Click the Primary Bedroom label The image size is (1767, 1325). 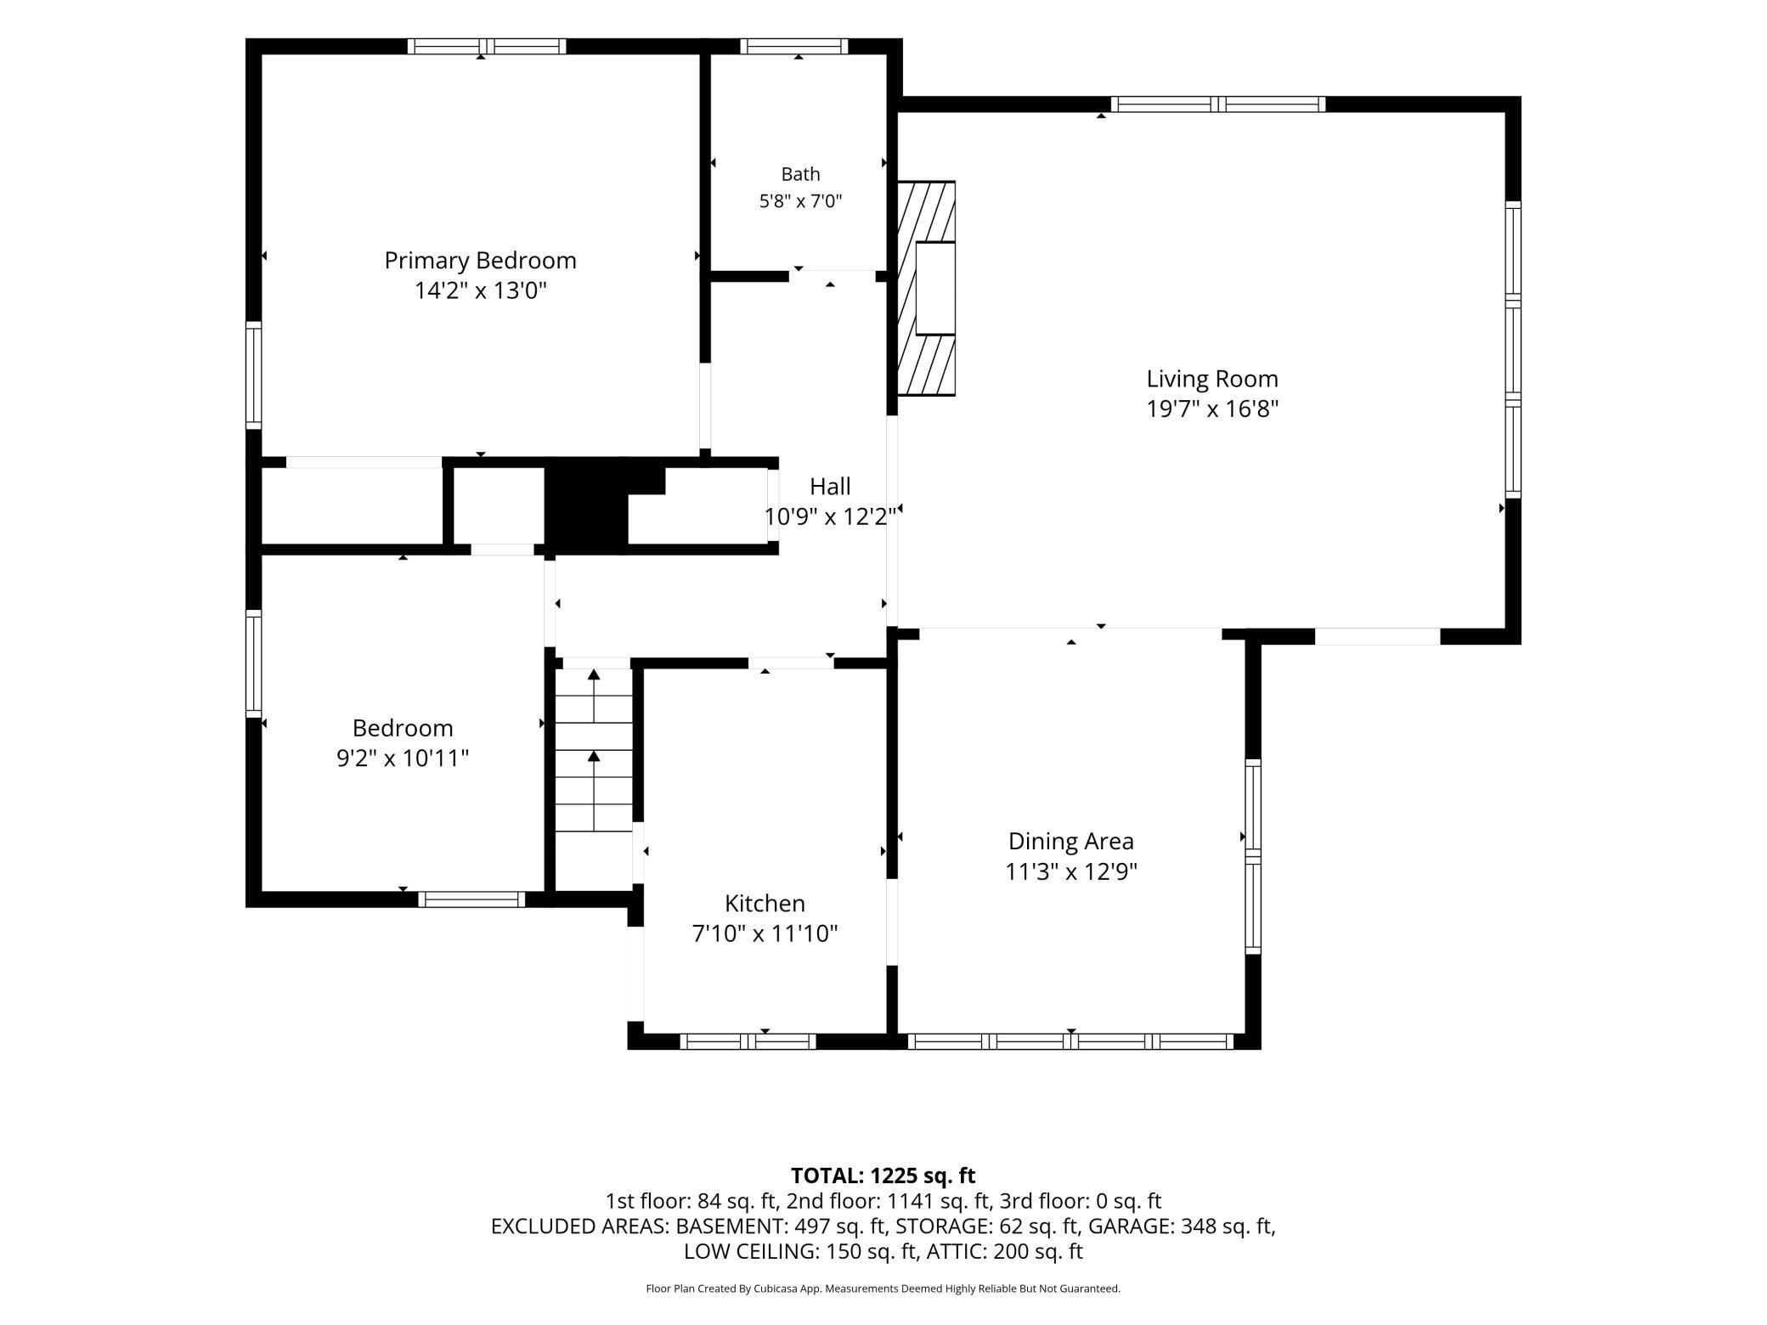480,261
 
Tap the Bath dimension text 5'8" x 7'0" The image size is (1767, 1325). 800,201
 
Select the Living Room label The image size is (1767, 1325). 1212,379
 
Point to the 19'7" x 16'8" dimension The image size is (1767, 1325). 1212,409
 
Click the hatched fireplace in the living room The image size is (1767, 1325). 927,288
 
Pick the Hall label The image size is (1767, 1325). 830,487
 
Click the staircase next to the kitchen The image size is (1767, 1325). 594,751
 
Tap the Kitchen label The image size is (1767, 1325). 765,903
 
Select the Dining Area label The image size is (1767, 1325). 1070,842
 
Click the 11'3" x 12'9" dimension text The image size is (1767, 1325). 1071,872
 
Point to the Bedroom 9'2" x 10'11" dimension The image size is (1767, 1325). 403,758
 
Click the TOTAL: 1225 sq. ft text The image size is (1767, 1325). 883,1176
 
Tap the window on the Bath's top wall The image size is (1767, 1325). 794,47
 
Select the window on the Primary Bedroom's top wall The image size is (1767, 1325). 487,47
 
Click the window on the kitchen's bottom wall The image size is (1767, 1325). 748,1041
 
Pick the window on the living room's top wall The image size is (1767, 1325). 1218,104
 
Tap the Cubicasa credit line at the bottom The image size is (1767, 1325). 883,1288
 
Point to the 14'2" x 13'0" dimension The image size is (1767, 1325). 480,291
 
